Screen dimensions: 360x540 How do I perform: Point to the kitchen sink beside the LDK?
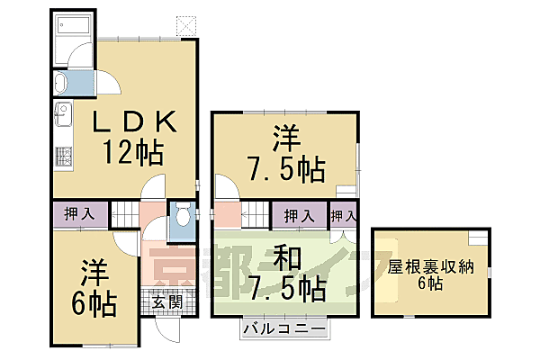(63, 115)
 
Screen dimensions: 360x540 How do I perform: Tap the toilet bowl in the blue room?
(183, 217)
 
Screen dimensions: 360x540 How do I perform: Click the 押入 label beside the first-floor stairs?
(79, 215)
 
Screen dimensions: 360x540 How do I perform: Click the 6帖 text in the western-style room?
(93, 305)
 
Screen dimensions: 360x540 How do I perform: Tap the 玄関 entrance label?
(164, 301)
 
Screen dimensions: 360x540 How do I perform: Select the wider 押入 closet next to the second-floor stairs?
(300, 216)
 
